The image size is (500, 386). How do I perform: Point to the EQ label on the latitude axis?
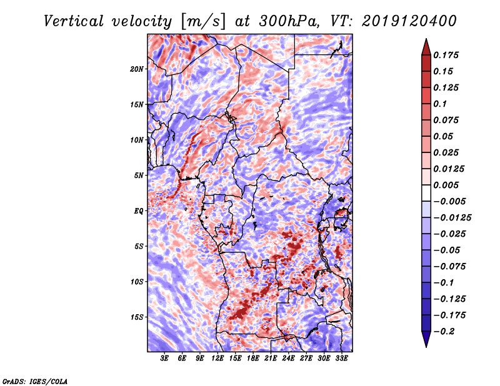(x=139, y=210)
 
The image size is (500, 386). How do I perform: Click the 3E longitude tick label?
(x=165, y=359)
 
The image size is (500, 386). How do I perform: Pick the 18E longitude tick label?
(x=253, y=359)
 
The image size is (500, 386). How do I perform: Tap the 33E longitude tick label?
(x=341, y=359)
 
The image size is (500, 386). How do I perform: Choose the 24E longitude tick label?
(x=288, y=359)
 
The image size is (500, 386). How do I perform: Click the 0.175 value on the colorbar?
(x=447, y=55)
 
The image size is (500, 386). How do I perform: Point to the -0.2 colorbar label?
(x=445, y=331)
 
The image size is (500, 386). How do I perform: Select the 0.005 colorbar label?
(x=447, y=185)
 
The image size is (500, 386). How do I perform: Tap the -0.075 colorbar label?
(x=451, y=266)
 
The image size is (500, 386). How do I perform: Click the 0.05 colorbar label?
(x=444, y=136)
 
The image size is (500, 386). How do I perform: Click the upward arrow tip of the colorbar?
(x=426, y=41)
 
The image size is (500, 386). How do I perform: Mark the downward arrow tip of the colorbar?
(x=426, y=345)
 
